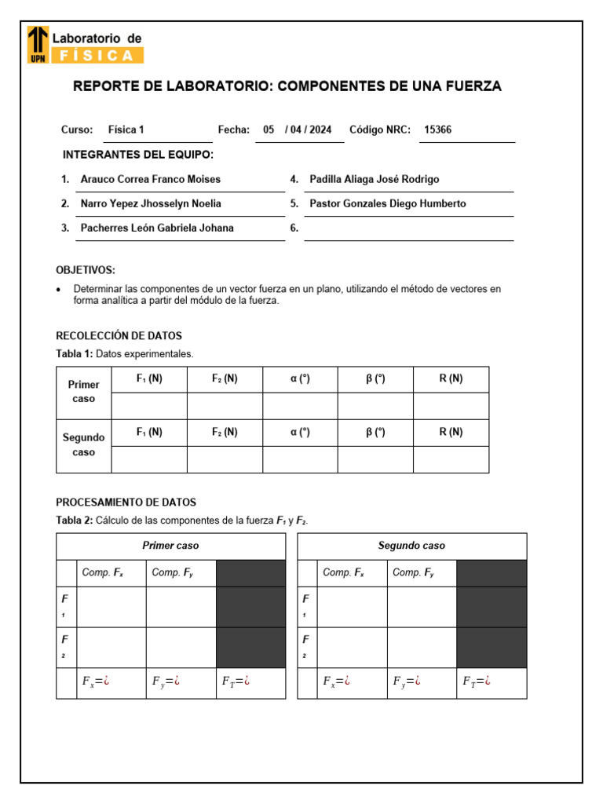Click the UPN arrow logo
click(38, 43)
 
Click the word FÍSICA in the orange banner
click(97, 55)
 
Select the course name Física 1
click(126, 130)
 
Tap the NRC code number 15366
click(437, 130)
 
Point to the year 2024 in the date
click(320, 130)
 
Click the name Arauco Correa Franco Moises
click(150, 179)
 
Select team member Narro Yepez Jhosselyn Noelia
click(151, 203)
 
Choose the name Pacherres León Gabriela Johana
click(157, 228)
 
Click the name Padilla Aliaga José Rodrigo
click(375, 179)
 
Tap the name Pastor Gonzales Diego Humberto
click(387, 203)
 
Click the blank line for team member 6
click(408, 229)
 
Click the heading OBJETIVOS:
click(86, 270)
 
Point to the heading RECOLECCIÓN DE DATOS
click(119, 336)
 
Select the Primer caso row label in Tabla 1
click(84, 392)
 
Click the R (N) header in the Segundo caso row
click(451, 432)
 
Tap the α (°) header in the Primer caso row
click(300, 378)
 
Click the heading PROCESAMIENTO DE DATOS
click(126, 502)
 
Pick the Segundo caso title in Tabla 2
click(411, 546)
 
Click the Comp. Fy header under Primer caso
click(173, 573)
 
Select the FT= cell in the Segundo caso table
click(477, 681)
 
